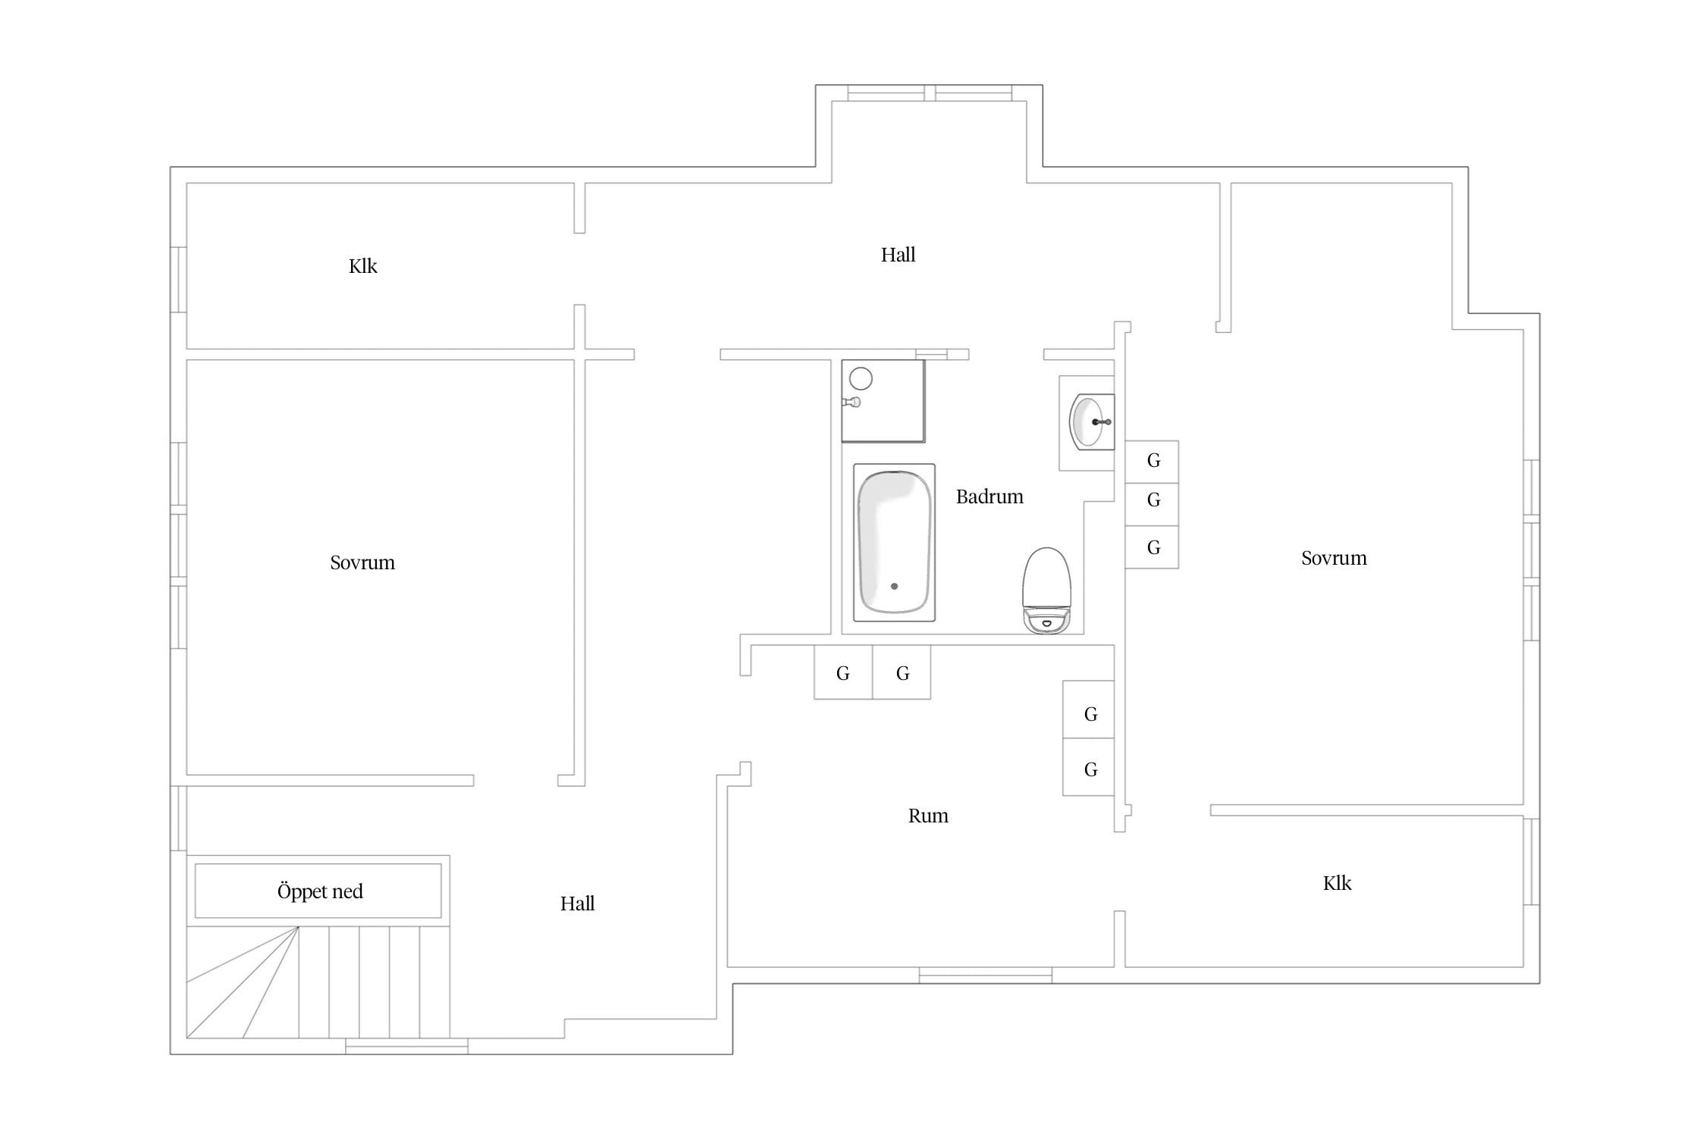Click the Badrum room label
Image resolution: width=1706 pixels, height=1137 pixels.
click(x=989, y=496)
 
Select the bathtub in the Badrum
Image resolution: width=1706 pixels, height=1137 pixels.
click(x=894, y=542)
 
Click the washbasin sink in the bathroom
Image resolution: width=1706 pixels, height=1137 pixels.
click(x=1091, y=421)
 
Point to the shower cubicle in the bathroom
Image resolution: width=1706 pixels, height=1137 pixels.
click(x=883, y=401)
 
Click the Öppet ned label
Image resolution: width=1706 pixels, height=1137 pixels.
click(x=320, y=891)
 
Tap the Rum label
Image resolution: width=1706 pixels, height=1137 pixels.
click(x=928, y=816)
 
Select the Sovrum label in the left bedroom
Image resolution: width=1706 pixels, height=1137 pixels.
click(x=362, y=562)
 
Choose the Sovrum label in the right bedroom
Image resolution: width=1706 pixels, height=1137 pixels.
click(x=1334, y=558)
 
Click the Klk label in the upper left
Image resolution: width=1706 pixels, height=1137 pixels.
click(x=363, y=266)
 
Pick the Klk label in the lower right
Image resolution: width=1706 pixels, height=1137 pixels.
click(x=1337, y=883)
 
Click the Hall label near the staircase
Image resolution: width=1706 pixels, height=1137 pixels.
click(x=577, y=904)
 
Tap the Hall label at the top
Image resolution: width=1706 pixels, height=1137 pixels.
click(x=898, y=255)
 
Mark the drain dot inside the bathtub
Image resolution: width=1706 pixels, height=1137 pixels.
click(x=895, y=586)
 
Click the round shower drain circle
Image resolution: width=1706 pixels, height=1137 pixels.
click(x=861, y=378)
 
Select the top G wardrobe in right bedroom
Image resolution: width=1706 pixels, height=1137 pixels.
click(x=1152, y=462)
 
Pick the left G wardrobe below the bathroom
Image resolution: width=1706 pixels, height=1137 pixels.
click(x=843, y=672)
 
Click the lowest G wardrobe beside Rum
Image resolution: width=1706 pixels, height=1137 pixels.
click(x=1089, y=767)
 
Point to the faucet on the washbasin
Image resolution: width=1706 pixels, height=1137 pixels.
click(x=1102, y=421)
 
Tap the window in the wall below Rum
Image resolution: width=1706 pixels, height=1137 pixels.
click(x=985, y=976)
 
